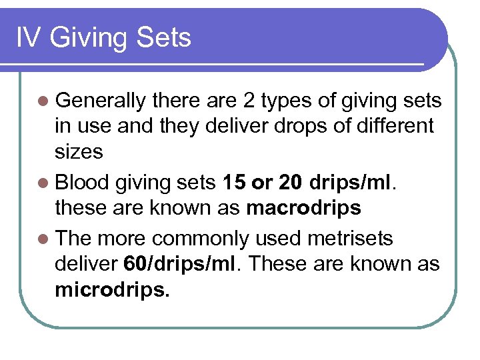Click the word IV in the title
click(x=27, y=37)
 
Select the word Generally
click(x=101, y=101)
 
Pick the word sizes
click(x=79, y=151)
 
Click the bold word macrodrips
click(x=303, y=208)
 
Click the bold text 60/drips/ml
click(x=179, y=264)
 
